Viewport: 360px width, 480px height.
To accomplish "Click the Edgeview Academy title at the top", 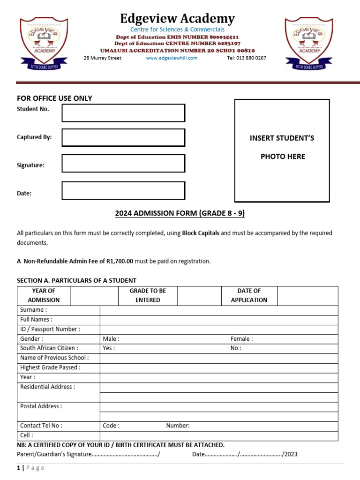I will pos(177,19).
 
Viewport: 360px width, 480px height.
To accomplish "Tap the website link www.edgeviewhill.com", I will pos(172,58).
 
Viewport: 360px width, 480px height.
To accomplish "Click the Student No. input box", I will pos(123,113).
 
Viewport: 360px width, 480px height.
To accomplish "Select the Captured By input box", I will pos(123,137).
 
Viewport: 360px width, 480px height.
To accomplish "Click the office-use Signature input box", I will pos(123,163).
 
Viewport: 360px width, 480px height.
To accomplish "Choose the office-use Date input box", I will pos(123,190).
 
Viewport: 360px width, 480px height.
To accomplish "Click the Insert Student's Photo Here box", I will pos(282,150).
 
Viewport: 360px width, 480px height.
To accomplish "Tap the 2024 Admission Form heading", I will pos(180,214).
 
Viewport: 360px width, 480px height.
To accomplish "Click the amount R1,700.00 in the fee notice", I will pos(120,261).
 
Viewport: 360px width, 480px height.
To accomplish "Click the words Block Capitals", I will pos(201,233).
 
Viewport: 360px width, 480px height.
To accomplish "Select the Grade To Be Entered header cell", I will pos(148,295).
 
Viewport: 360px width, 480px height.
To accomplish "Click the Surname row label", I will pos(33,310).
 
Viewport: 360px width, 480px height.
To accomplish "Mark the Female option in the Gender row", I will pos(241,338).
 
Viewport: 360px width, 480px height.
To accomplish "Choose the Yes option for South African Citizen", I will pos(109,348).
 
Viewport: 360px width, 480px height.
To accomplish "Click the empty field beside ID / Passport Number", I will pos(218,329).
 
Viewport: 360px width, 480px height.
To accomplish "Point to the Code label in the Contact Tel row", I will pos(111,426).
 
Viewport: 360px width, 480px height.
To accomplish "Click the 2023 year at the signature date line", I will pos(291,454).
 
